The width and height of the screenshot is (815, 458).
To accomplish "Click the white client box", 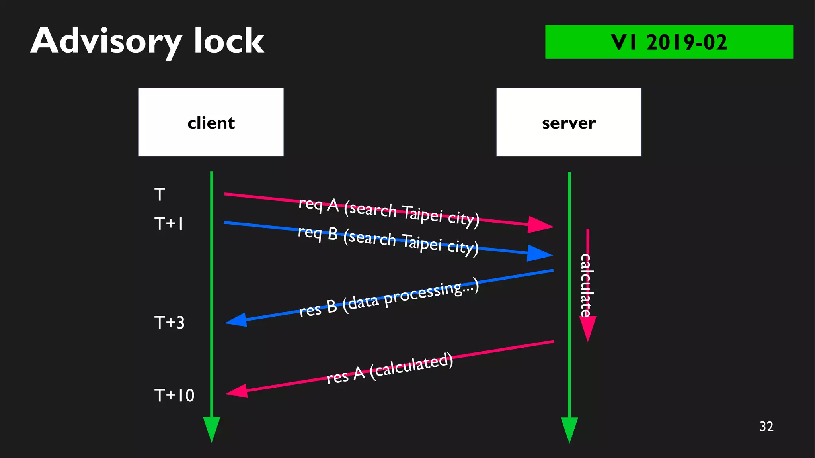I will click(211, 122).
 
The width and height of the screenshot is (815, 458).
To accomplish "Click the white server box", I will click(569, 122).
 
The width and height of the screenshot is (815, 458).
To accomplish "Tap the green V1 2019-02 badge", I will click(669, 42).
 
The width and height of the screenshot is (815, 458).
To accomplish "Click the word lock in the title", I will click(229, 41).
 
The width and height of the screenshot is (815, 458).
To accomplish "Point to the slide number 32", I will click(766, 427).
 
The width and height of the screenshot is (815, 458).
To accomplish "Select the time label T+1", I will click(169, 224).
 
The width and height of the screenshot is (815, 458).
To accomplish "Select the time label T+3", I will click(170, 323).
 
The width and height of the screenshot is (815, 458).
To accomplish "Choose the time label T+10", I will click(174, 395).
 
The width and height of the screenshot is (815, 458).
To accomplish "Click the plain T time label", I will click(160, 195).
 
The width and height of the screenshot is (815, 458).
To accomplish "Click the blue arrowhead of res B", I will click(237, 320).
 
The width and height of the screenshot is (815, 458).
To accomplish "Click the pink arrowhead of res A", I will click(238, 391).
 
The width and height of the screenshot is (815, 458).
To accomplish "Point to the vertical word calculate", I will click(585, 285).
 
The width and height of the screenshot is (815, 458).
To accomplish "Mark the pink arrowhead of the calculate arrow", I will click(588, 329).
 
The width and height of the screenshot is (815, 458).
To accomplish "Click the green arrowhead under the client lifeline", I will click(212, 429).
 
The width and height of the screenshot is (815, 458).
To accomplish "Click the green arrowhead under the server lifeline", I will click(569, 429).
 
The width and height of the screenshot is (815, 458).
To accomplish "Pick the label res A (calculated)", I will click(390, 369).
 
